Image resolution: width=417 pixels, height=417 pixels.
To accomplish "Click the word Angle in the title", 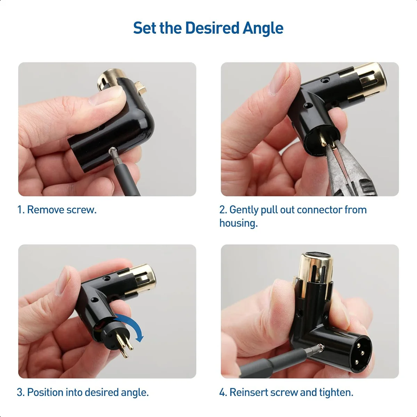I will point(263,28).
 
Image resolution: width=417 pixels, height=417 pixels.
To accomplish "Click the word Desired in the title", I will point(212,28).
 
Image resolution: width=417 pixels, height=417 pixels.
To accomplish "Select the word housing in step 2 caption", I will point(238,223).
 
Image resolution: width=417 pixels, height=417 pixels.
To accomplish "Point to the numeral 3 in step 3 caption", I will point(20,392).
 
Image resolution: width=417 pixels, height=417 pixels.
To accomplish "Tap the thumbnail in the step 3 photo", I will point(63,281).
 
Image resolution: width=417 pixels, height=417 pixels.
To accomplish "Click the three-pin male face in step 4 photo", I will point(359,349).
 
